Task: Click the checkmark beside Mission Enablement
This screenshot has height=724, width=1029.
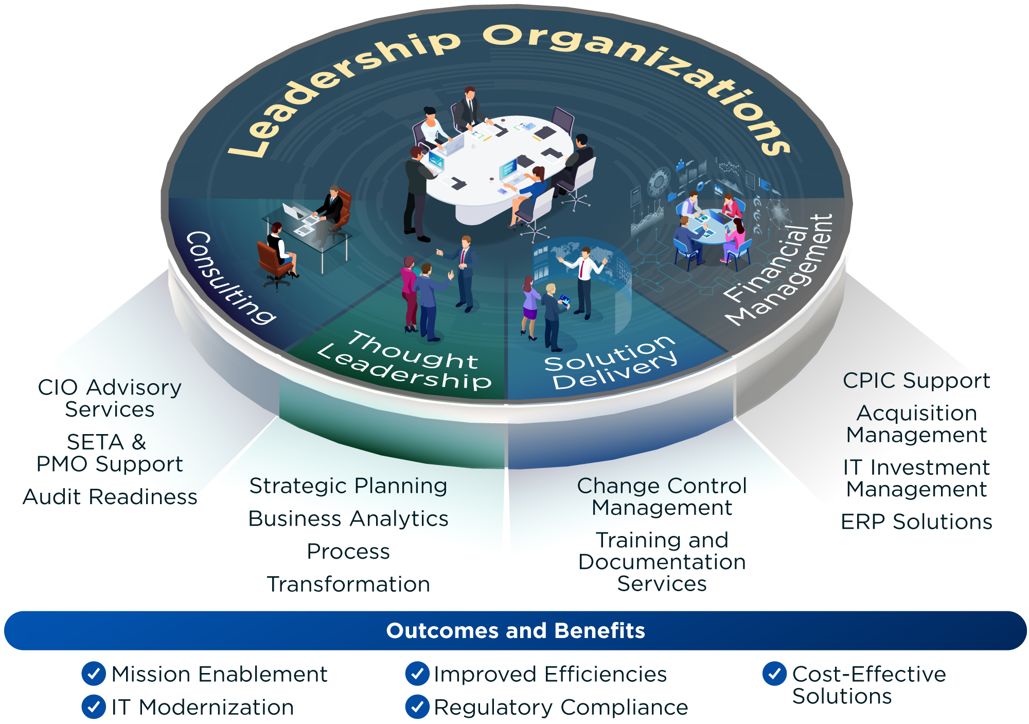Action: pyautogui.click(x=94, y=674)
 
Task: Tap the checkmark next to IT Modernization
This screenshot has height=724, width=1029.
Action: pyautogui.click(x=94, y=707)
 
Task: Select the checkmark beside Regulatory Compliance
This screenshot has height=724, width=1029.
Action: pyautogui.click(x=417, y=707)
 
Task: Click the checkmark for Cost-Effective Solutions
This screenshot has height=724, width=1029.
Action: pyautogui.click(x=774, y=674)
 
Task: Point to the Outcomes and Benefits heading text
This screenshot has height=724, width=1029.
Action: pyautogui.click(x=516, y=631)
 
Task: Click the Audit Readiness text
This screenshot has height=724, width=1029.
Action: pyautogui.click(x=110, y=497)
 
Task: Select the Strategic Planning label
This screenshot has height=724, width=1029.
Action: pyautogui.click(x=348, y=486)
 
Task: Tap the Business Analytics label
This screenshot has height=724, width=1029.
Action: pyautogui.click(x=348, y=519)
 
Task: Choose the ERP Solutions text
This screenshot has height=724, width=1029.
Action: pyautogui.click(x=916, y=522)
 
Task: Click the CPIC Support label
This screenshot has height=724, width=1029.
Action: pyautogui.click(x=916, y=381)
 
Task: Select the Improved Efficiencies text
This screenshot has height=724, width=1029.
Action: pyautogui.click(x=550, y=674)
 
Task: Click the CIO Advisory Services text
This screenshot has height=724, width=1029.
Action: pyautogui.click(x=110, y=399)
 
